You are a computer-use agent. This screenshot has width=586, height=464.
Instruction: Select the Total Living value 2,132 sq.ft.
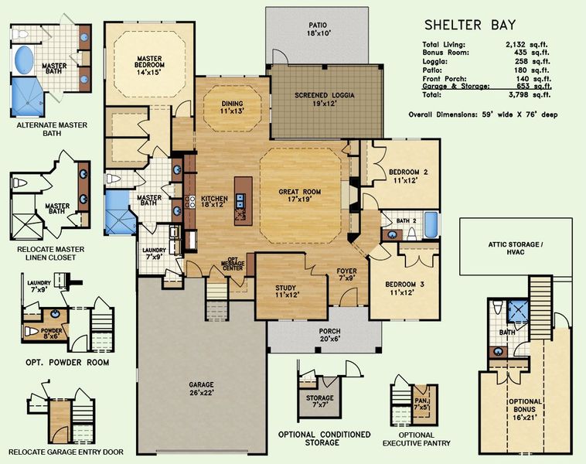tap(526, 45)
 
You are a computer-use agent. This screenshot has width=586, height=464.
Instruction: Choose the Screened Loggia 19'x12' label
tap(326, 99)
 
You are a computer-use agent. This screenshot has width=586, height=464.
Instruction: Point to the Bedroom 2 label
tap(407, 176)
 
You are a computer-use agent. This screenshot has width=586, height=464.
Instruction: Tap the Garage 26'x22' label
tap(200, 388)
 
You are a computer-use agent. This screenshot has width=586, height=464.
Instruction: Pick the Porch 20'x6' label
tap(329, 336)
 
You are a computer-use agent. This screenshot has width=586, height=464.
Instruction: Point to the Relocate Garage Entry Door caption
tap(58, 452)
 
